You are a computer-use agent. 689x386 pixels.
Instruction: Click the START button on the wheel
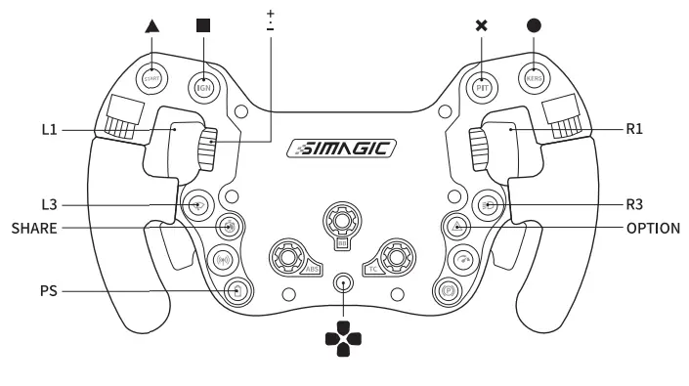(x=151, y=79)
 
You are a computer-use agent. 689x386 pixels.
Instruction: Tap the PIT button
(x=481, y=86)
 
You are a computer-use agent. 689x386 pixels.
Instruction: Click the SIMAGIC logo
(x=342, y=149)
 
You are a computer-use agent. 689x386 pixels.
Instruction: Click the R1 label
(x=635, y=128)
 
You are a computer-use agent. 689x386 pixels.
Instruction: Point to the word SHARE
(x=34, y=228)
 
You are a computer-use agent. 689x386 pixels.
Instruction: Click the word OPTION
(x=653, y=228)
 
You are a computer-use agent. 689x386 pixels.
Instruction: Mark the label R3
(x=635, y=205)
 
